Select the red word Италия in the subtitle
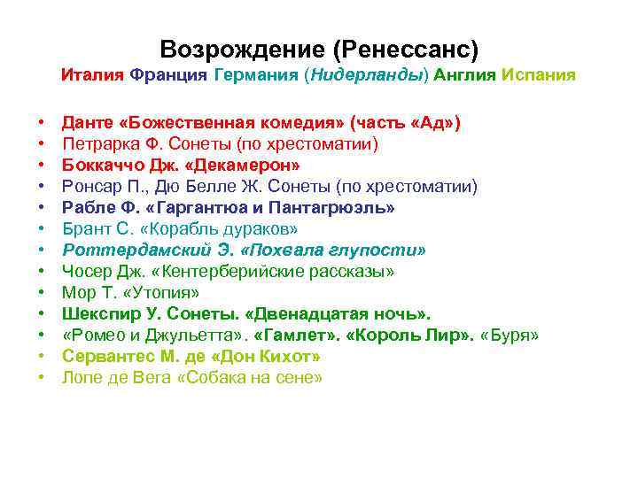(92, 75)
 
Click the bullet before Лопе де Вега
(42, 378)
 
